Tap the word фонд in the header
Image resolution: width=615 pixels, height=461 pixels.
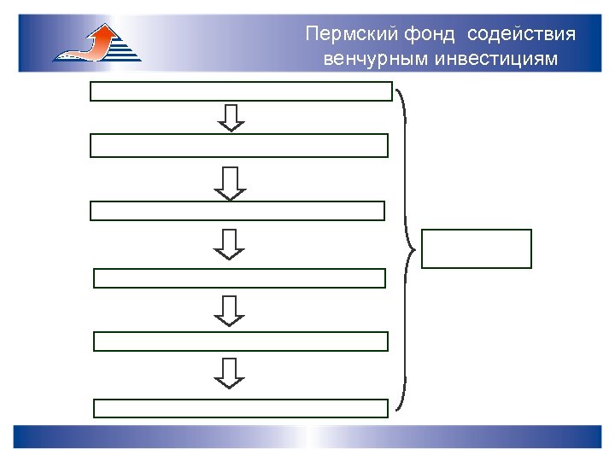(416, 35)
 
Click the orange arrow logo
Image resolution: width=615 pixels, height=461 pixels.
(97, 43)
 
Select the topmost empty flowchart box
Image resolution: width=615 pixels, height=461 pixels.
(241, 91)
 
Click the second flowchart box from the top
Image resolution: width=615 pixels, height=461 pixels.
(239, 145)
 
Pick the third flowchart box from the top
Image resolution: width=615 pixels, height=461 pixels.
(237, 211)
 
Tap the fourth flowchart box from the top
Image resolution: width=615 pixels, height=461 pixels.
(239, 278)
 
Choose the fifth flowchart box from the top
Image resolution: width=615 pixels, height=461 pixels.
(241, 341)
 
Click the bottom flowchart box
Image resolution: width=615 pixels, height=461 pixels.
(241, 408)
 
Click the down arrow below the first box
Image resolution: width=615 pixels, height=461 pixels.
(231, 118)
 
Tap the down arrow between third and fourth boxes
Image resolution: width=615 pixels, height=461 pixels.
(229, 243)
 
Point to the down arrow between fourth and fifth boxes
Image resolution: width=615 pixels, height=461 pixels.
(229, 310)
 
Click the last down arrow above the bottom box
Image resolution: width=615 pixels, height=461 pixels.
(229, 373)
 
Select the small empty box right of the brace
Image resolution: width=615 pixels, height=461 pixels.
(477, 248)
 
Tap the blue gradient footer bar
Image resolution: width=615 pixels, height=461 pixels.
(307, 436)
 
